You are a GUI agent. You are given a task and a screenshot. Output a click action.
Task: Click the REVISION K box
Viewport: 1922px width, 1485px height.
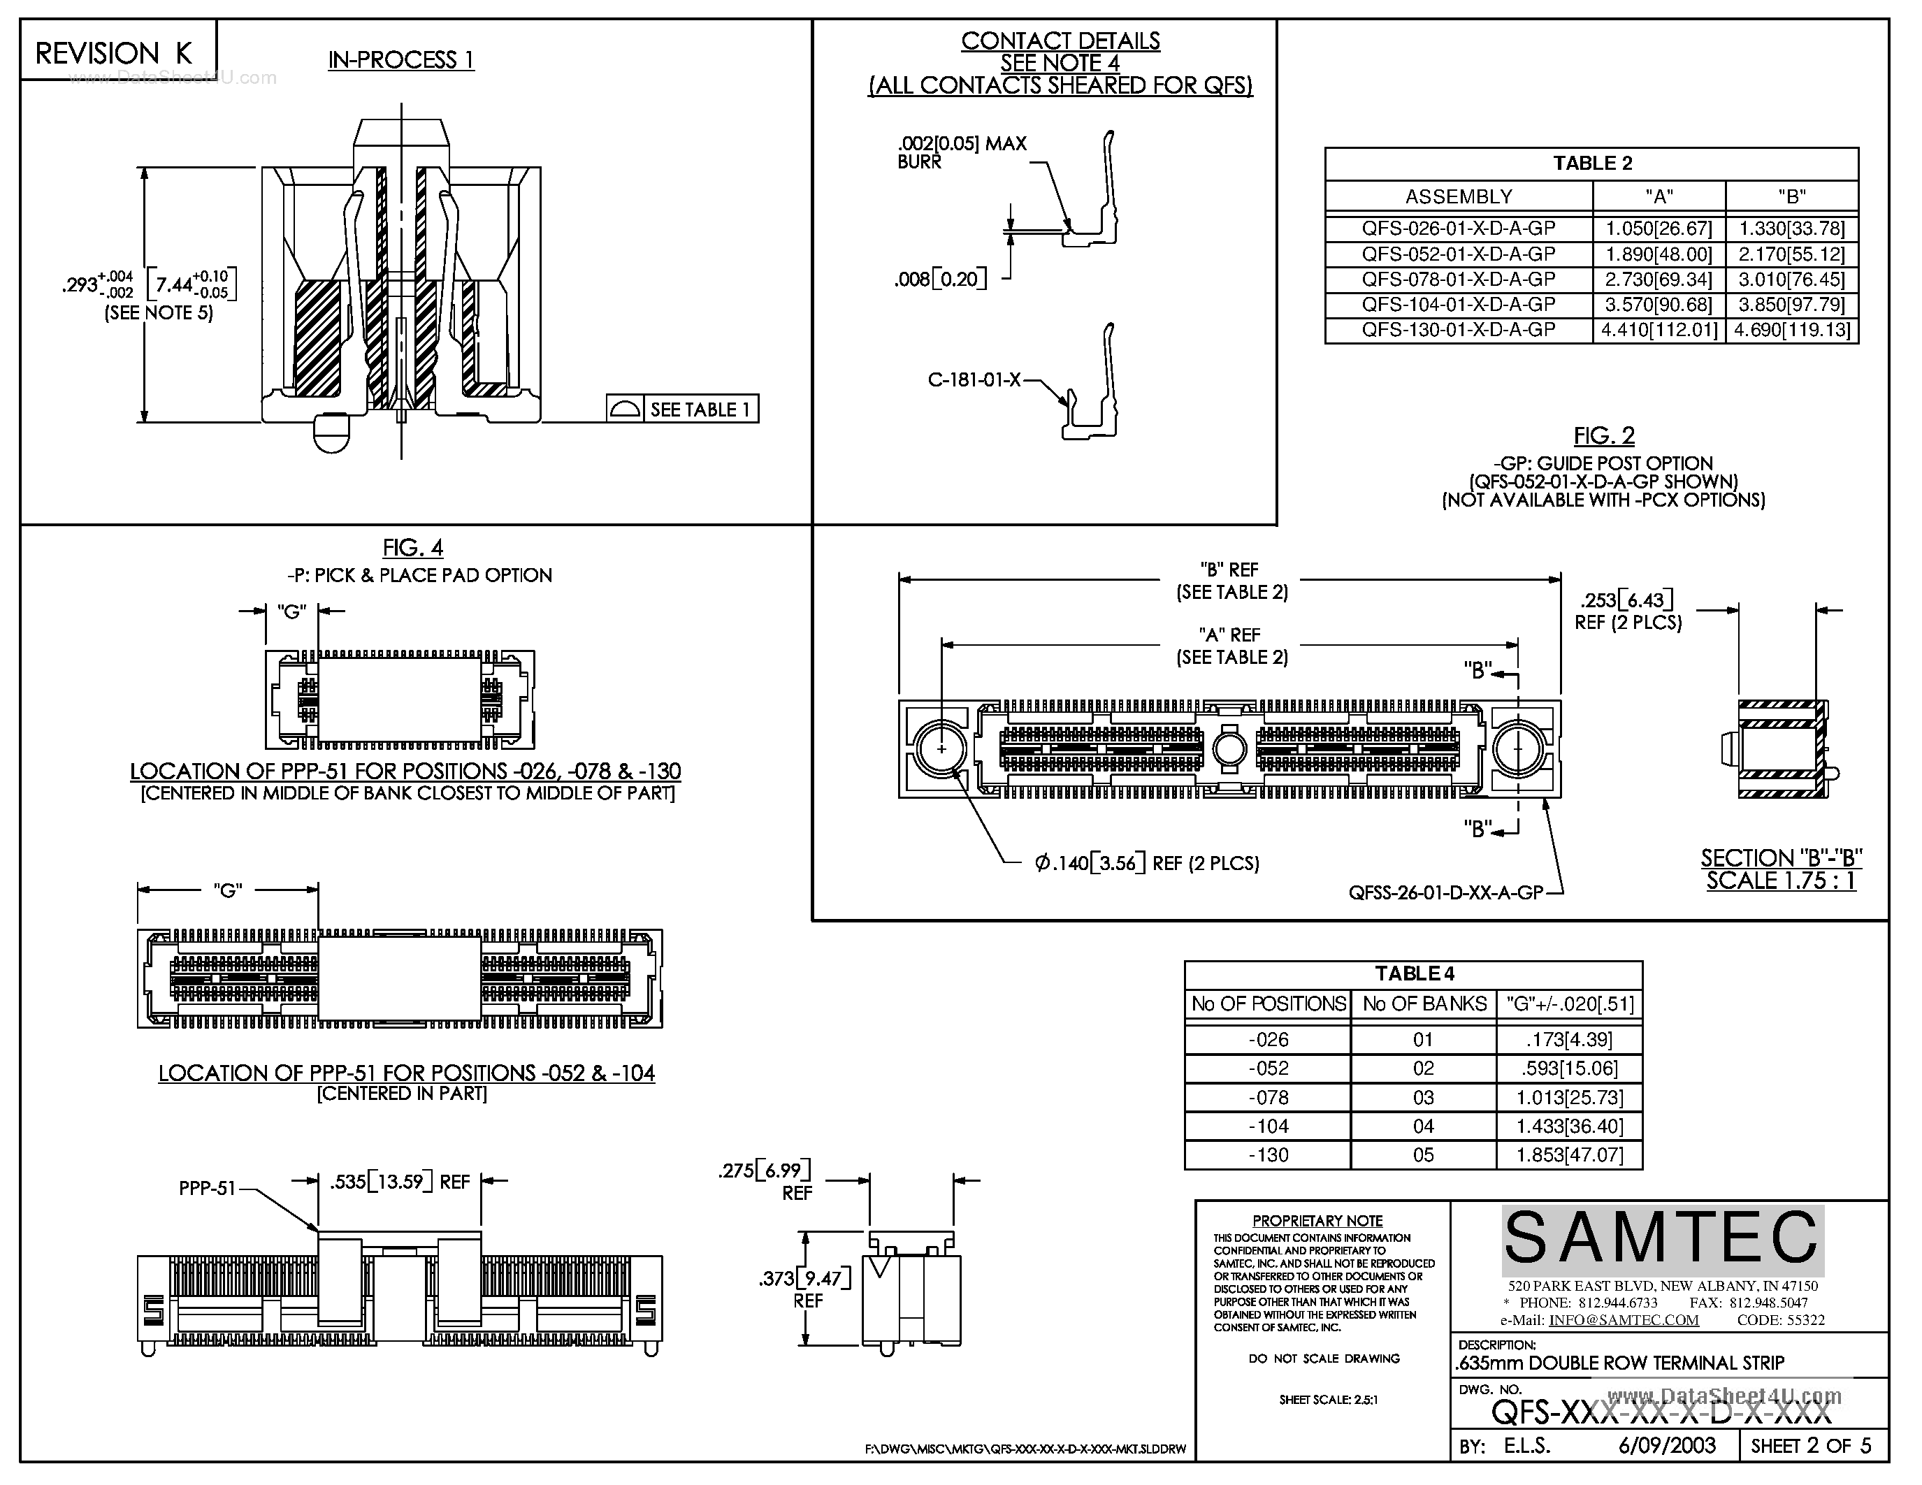coord(115,53)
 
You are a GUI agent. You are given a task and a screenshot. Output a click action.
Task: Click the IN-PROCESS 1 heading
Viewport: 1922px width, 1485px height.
coord(401,60)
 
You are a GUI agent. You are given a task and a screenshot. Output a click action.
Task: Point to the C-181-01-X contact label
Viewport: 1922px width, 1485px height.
coord(974,380)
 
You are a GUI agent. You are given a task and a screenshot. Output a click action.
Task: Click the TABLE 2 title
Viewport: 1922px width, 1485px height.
coord(1591,164)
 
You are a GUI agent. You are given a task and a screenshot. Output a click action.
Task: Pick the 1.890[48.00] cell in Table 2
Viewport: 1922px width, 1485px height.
coord(1658,254)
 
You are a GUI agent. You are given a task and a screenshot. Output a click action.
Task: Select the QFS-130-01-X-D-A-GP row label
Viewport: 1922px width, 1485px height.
coord(1458,330)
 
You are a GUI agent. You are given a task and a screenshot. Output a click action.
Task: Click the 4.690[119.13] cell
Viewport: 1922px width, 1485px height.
coord(1792,330)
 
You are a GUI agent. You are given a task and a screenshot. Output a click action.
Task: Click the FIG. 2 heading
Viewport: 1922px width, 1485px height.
coord(1603,436)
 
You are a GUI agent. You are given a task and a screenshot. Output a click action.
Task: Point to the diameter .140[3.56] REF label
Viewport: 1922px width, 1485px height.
coord(1147,864)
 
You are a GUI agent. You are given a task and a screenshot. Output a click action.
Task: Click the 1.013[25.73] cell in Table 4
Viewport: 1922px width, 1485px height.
coord(1569,1098)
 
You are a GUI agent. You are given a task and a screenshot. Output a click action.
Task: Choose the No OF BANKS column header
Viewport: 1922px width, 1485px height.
coord(1424,1004)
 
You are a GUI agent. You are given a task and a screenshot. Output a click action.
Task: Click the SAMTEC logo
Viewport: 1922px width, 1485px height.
coord(1661,1238)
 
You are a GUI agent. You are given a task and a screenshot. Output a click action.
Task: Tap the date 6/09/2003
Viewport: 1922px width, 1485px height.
coord(1667,1445)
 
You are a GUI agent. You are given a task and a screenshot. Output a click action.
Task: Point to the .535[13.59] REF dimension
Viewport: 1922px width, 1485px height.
coord(400,1182)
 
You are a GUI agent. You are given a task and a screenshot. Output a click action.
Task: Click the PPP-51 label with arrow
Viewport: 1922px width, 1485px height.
coord(208,1189)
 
